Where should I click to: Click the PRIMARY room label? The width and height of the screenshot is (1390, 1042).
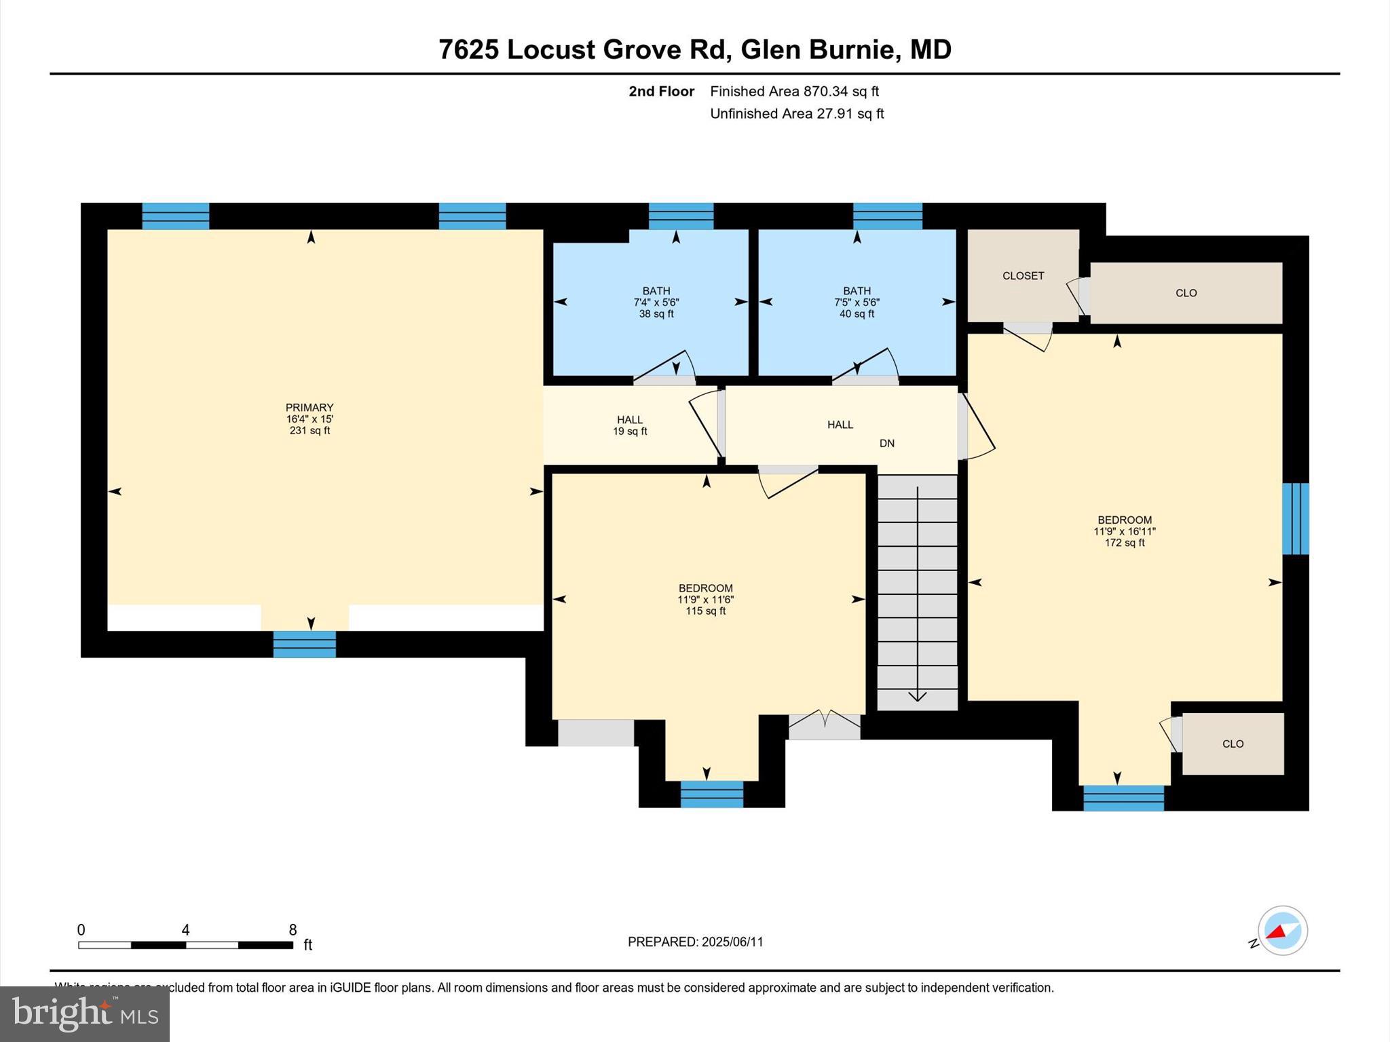[309, 408]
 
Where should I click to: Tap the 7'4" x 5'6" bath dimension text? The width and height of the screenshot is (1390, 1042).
[656, 303]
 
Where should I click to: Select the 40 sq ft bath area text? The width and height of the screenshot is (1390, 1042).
[857, 314]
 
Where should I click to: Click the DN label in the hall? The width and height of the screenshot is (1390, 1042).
[887, 444]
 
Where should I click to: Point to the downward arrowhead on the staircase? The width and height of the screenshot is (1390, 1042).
[918, 696]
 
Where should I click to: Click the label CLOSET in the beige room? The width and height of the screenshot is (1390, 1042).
[1023, 275]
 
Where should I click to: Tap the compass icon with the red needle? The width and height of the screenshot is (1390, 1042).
[1282, 931]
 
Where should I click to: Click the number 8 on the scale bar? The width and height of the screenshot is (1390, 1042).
[293, 930]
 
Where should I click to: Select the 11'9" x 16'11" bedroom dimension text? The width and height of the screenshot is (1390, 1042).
[1125, 532]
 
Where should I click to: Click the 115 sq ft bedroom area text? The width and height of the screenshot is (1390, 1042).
[706, 611]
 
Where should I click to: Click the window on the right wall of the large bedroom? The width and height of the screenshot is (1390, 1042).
[1295, 519]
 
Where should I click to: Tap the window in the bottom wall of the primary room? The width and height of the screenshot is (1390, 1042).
[305, 644]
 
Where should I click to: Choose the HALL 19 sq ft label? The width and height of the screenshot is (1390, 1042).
[630, 425]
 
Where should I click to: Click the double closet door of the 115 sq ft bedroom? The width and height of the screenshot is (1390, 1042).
[824, 726]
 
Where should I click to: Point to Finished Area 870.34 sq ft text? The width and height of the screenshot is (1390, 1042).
[794, 92]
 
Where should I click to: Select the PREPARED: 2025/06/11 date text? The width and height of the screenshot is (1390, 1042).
[695, 942]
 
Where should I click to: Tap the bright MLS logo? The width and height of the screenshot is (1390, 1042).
[85, 1014]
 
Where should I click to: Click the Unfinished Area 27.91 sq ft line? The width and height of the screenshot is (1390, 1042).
[797, 114]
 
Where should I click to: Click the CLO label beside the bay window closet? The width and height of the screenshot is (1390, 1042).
[1233, 744]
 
